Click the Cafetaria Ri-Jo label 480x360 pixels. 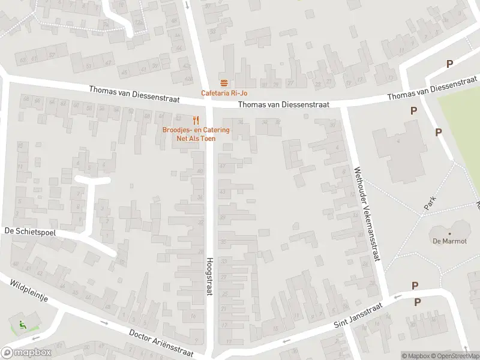[224, 93]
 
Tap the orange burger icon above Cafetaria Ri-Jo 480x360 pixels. [224, 83]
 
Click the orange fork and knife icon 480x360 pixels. [196, 119]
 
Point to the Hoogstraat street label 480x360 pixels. [210, 276]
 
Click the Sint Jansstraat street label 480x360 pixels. [359, 316]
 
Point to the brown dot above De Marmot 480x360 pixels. [449, 233]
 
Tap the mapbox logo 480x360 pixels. [26, 353]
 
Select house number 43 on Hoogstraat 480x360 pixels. [223, 191]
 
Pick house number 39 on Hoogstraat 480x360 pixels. [223, 217]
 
